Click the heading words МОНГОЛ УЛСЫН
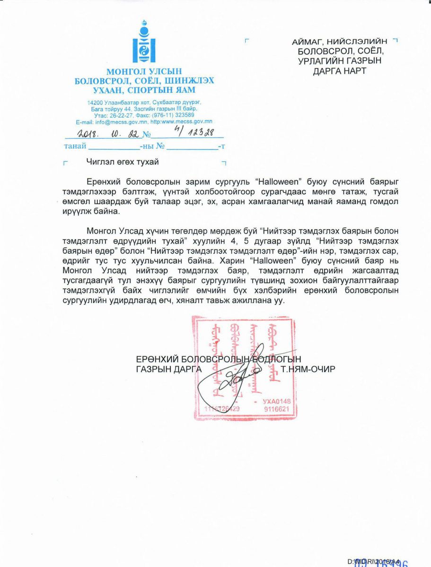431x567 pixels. point(144,72)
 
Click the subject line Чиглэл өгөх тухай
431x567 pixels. point(123,162)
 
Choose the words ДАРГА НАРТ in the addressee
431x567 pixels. point(339,71)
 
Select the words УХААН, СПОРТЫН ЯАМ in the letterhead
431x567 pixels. point(144,90)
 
